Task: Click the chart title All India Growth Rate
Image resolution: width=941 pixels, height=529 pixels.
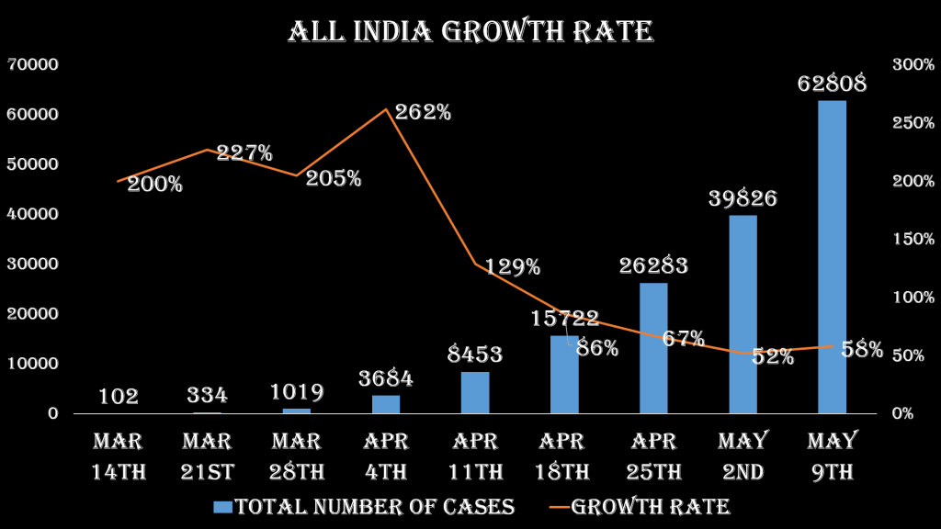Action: [x=470, y=32]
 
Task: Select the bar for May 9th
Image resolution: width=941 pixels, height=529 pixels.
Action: [x=832, y=257]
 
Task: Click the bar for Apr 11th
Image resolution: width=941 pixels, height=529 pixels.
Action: [x=475, y=392]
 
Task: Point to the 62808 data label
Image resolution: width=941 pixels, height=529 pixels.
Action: [x=832, y=84]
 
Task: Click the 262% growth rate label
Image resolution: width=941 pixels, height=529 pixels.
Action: [x=423, y=113]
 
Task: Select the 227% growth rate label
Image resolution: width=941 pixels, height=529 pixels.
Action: [x=244, y=153]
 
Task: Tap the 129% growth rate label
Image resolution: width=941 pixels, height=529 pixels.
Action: [x=513, y=268]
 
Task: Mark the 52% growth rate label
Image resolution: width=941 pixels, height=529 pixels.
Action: [x=773, y=357]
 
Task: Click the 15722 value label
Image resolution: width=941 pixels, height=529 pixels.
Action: [x=565, y=319]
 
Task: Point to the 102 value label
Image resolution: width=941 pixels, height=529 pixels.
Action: [x=119, y=397]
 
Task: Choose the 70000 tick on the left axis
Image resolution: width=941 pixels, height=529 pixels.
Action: [x=33, y=64]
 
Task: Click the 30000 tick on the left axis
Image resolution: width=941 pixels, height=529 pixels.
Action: [x=33, y=264]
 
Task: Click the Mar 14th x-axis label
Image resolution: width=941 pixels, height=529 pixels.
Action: [x=119, y=456]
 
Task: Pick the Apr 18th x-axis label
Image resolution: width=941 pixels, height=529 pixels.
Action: [x=564, y=456]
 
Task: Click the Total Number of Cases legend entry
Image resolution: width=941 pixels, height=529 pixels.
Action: [x=364, y=507]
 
